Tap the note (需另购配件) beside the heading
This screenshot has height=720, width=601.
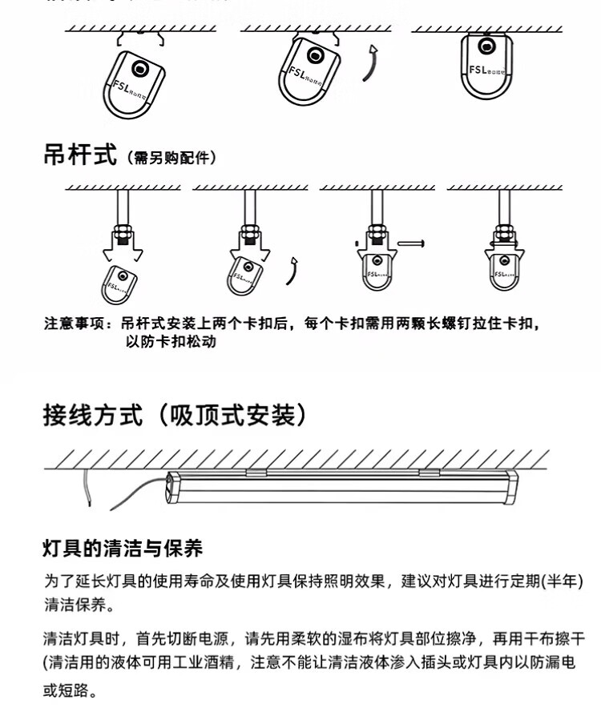(x=171, y=159)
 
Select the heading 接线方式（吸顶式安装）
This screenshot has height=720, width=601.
(x=175, y=415)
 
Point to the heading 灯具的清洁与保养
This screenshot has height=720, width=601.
(x=123, y=549)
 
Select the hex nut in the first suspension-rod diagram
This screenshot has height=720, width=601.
(x=123, y=233)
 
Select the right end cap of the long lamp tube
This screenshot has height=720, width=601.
(x=511, y=486)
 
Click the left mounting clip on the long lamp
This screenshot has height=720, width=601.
(x=256, y=473)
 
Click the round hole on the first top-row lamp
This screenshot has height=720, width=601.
(x=142, y=70)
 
